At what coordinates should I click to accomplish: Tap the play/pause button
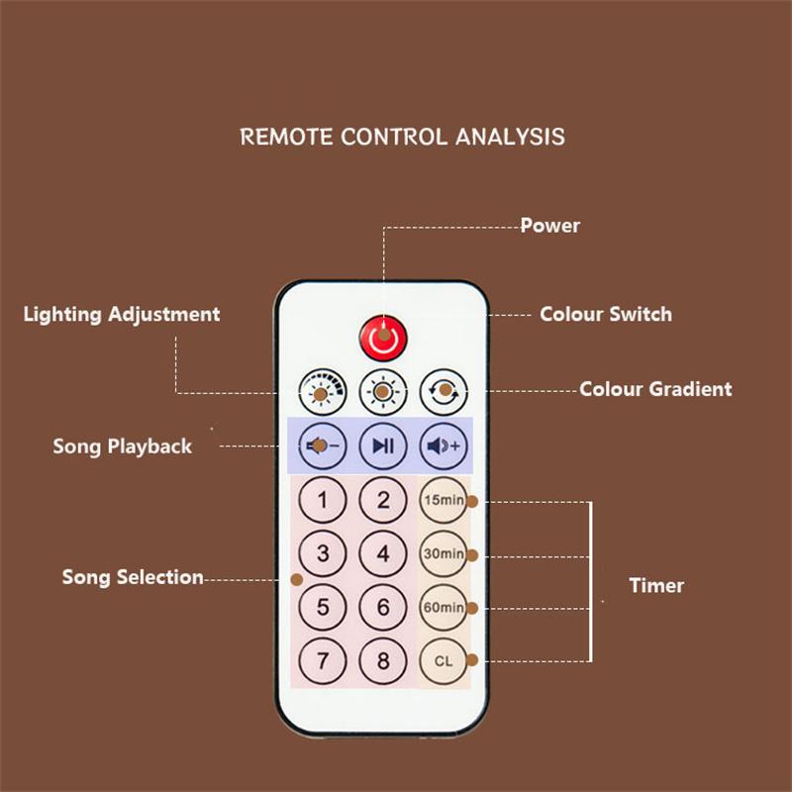(x=383, y=446)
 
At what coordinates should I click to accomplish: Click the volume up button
(x=444, y=446)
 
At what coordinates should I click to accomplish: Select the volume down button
(x=323, y=446)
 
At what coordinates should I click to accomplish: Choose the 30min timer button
(x=444, y=553)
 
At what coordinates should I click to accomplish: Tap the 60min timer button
(x=444, y=607)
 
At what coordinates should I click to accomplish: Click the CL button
(x=444, y=660)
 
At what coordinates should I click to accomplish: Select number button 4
(x=383, y=553)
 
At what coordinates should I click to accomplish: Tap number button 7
(x=323, y=660)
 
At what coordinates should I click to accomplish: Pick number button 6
(x=383, y=607)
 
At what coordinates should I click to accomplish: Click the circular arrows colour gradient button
(x=444, y=392)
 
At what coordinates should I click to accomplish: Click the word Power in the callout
(x=550, y=226)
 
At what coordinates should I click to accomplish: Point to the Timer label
(x=656, y=585)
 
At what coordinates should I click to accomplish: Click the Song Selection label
(x=133, y=577)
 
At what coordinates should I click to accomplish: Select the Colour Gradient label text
(x=655, y=389)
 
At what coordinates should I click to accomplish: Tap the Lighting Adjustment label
(x=122, y=314)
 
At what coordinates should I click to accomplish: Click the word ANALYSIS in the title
(x=510, y=137)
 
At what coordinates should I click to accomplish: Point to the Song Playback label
(x=122, y=446)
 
